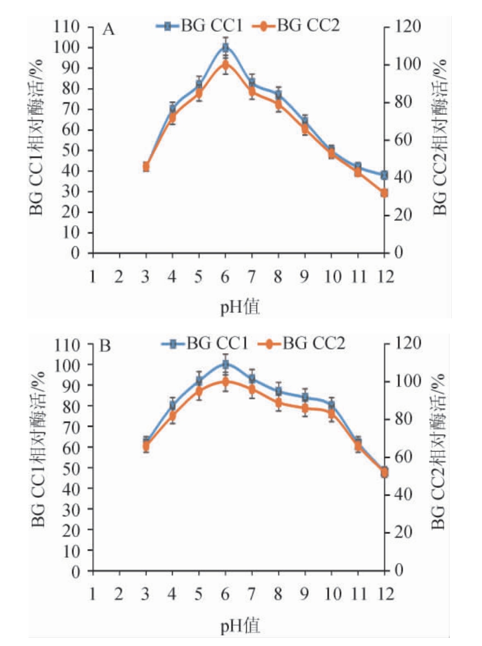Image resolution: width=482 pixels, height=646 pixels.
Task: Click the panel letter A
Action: click(x=109, y=30)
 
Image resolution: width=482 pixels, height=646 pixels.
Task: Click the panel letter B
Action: click(x=106, y=346)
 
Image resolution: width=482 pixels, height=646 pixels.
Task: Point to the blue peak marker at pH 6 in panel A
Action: click(x=225, y=47)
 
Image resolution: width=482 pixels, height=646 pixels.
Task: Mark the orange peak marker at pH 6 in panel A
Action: click(x=225, y=65)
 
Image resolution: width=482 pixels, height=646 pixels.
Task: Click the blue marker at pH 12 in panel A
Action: click(x=384, y=175)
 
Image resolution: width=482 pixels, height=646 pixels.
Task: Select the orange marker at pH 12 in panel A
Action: click(x=384, y=193)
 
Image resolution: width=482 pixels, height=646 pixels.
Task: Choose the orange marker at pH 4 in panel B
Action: click(x=173, y=416)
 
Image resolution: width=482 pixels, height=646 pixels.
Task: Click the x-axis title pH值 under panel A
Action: click(x=240, y=307)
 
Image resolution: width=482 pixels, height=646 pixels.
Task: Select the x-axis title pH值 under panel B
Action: click(x=240, y=625)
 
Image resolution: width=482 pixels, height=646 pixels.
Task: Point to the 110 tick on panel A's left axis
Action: click(x=69, y=27)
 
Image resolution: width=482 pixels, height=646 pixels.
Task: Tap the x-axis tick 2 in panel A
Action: click(x=119, y=277)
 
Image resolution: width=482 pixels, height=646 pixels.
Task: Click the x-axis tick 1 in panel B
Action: click(x=93, y=594)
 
